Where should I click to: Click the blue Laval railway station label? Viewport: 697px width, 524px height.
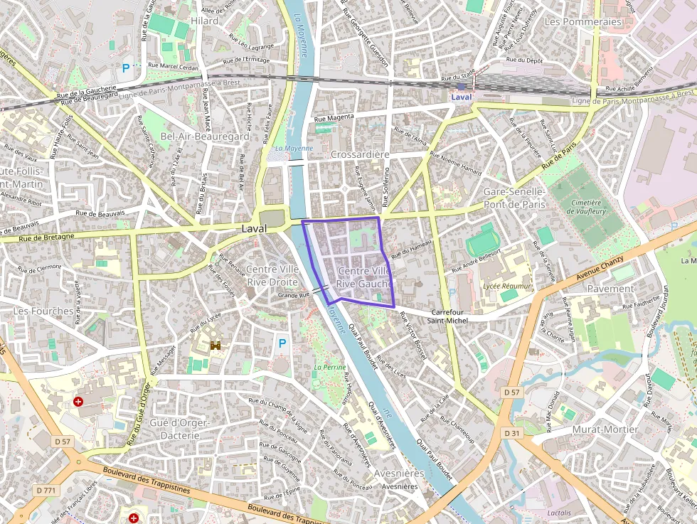point(461,97)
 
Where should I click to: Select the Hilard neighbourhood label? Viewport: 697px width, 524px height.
point(204,21)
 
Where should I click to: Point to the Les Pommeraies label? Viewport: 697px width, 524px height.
point(582,22)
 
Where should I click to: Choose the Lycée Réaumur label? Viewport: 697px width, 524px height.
point(507,284)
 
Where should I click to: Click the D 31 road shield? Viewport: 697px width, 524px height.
point(512,433)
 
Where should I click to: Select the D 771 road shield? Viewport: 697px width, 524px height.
point(46,491)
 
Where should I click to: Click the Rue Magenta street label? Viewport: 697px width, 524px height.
point(334,118)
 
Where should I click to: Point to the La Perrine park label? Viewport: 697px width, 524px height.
point(330,368)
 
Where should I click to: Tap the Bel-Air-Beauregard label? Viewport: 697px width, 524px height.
point(205,136)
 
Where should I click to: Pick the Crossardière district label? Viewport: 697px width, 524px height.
point(360,154)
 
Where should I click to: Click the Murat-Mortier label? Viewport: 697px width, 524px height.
point(604,429)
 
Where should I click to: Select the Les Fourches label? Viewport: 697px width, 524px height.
point(43,311)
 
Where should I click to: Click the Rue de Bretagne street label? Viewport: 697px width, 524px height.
point(46,237)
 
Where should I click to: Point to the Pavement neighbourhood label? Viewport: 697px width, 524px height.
point(610,289)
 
